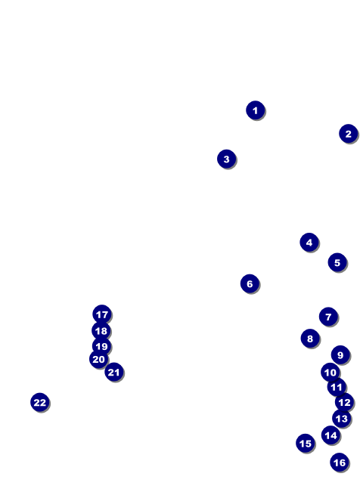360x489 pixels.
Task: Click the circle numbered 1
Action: (x=256, y=110)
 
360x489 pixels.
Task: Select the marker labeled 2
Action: (x=349, y=134)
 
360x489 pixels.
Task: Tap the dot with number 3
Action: (x=226, y=159)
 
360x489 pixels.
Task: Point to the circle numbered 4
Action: (x=309, y=242)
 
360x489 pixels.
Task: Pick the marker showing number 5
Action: (x=337, y=262)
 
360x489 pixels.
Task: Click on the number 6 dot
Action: (x=250, y=283)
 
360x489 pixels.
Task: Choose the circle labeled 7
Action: (x=328, y=317)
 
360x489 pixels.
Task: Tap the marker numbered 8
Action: (x=310, y=338)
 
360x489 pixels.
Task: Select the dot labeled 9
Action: (x=340, y=354)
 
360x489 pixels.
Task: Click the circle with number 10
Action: (x=330, y=372)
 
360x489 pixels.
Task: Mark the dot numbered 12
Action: (x=344, y=402)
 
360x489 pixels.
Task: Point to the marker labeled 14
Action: (x=331, y=435)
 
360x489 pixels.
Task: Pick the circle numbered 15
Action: (x=306, y=443)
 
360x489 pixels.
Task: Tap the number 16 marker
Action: (x=340, y=463)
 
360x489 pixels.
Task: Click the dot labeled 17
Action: (x=102, y=314)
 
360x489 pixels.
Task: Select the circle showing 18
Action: (x=101, y=330)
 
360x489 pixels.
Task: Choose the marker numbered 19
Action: (x=101, y=346)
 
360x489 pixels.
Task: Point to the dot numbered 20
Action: (x=98, y=359)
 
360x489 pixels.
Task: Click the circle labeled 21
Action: (x=114, y=372)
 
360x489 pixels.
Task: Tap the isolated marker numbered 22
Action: (x=40, y=402)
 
